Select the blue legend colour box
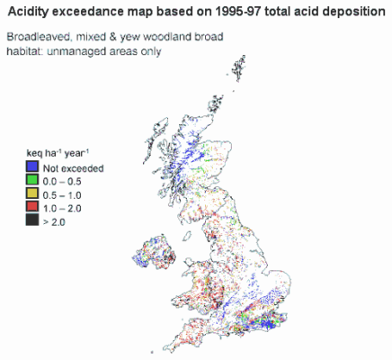pyautogui.click(x=32, y=167)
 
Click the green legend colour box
pyautogui.click(x=32, y=181)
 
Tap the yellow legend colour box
pyautogui.click(x=32, y=194)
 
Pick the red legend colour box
pyautogui.click(x=32, y=208)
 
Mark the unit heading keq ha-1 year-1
pyautogui.click(x=59, y=154)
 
